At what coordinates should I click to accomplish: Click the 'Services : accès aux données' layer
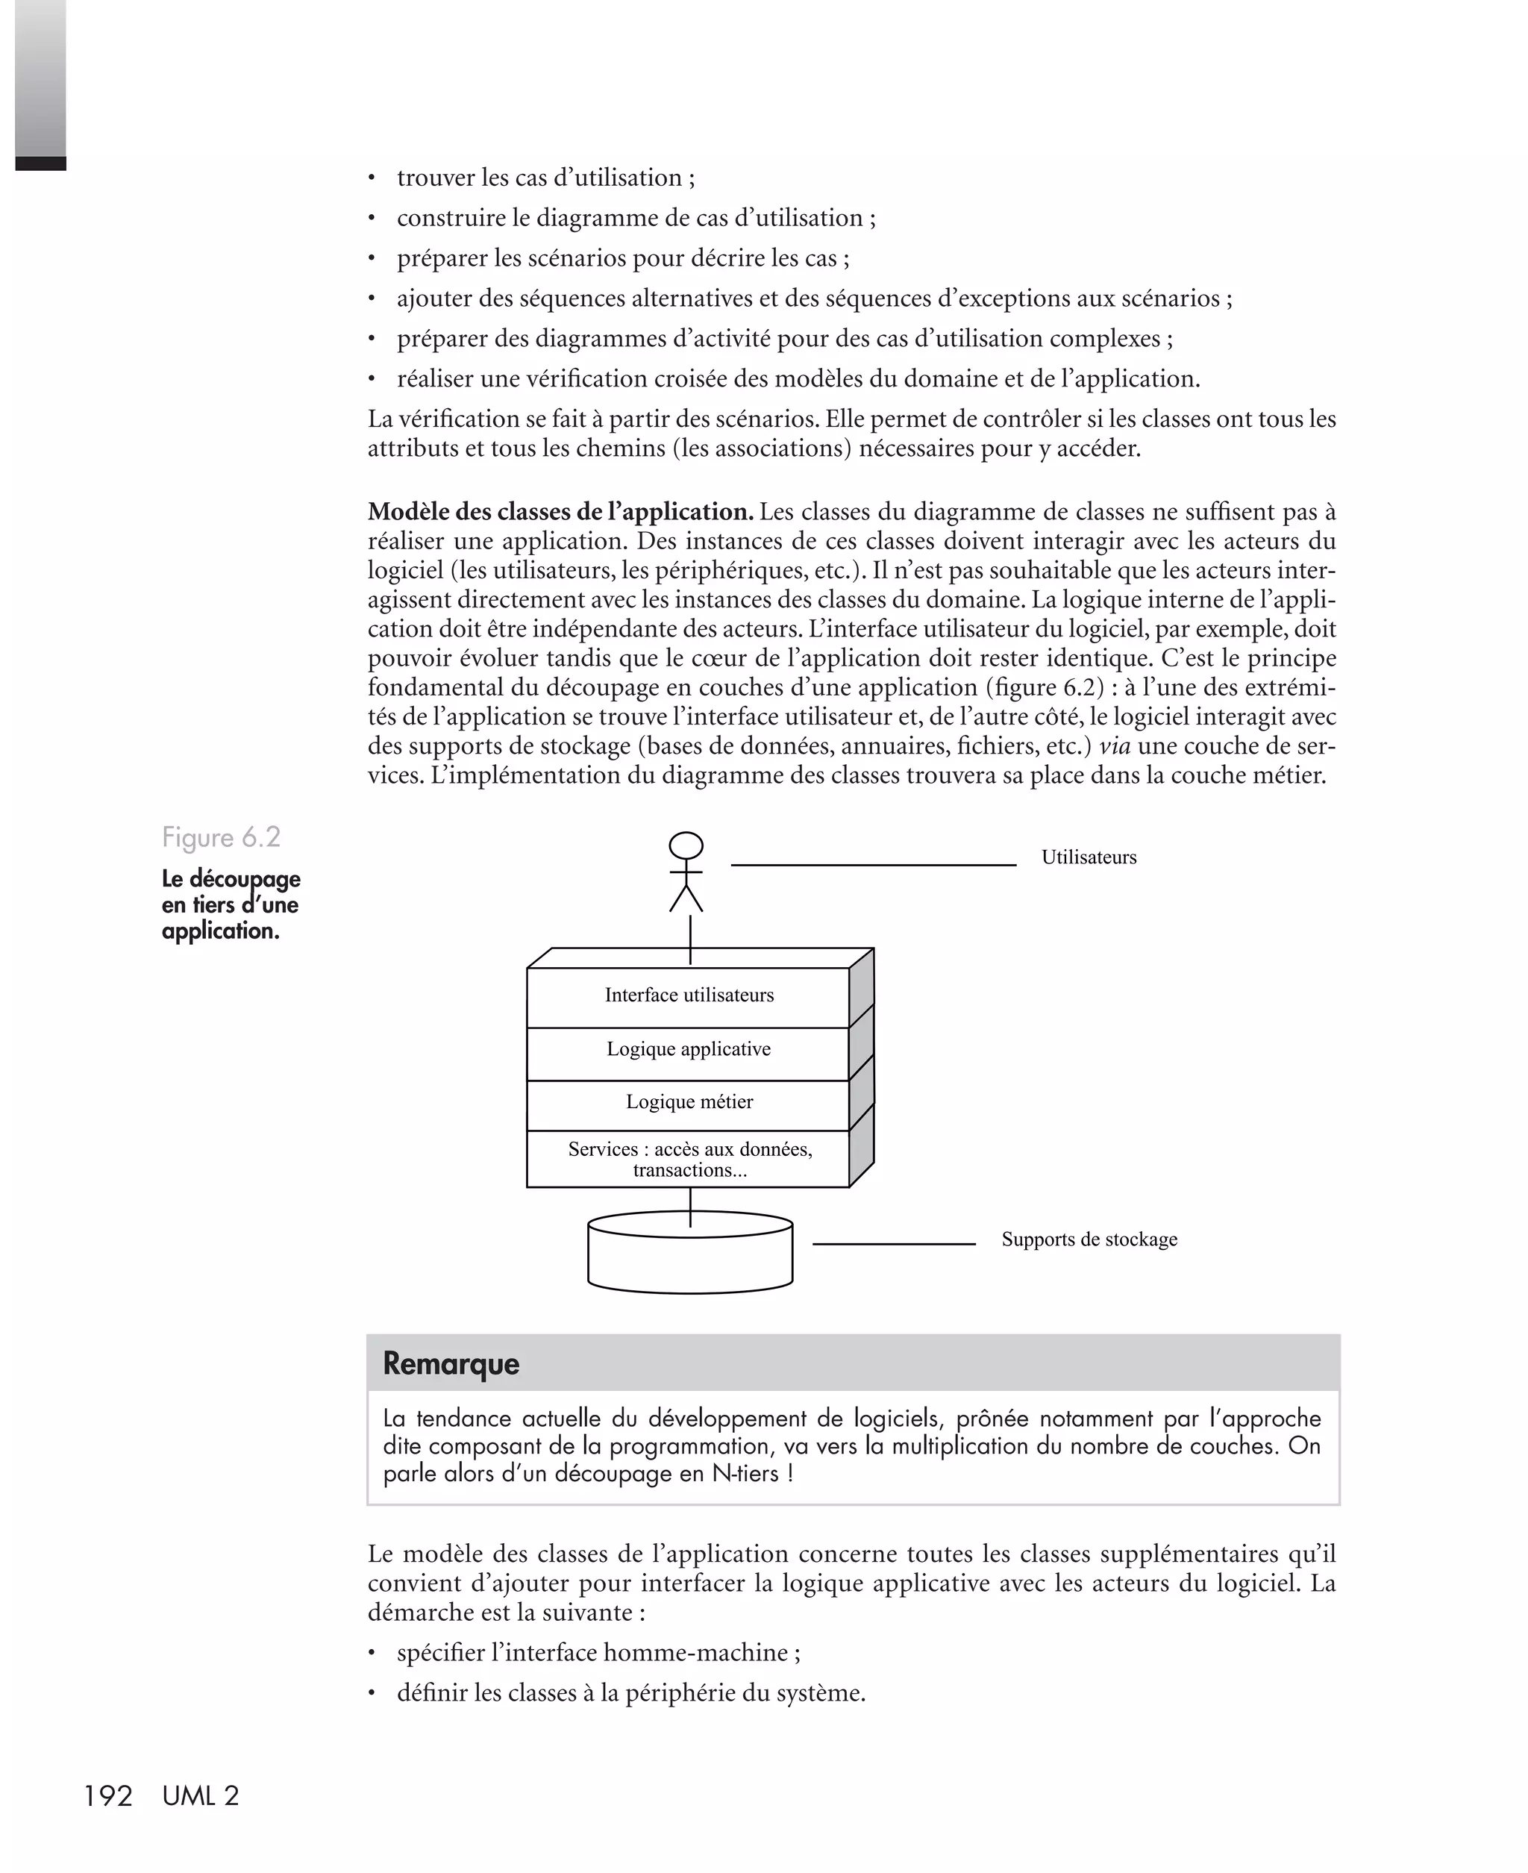pyautogui.click(x=689, y=1159)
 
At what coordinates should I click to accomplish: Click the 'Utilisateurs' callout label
pyautogui.click(x=1089, y=857)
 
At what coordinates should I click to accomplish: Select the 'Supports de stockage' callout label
pyautogui.click(x=1089, y=1239)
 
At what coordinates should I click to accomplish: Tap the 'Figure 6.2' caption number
pyautogui.click(x=221, y=837)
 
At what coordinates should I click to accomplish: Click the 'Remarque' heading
pyautogui.click(x=451, y=1363)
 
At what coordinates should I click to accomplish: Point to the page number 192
pyautogui.click(x=107, y=1796)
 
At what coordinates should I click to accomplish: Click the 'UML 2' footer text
pyautogui.click(x=201, y=1796)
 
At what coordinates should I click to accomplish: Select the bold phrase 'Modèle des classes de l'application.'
pyautogui.click(x=560, y=511)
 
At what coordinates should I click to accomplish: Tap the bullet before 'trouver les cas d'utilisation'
pyautogui.click(x=372, y=178)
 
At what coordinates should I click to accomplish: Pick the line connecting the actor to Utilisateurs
pyautogui.click(x=873, y=865)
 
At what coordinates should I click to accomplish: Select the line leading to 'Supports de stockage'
pyautogui.click(x=893, y=1244)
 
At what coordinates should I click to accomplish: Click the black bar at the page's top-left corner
pyautogui.click(x=40, y=163)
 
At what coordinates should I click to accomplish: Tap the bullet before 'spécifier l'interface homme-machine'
pyautogui.click(x=372, y=1654)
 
